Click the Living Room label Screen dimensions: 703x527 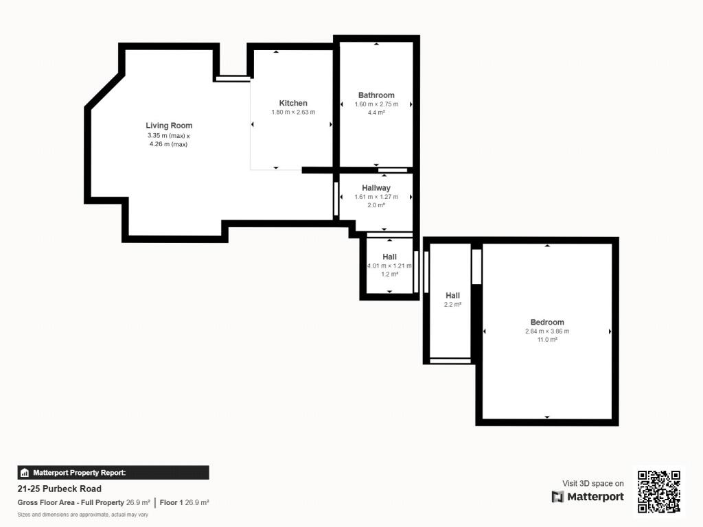169,126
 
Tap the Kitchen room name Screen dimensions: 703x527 293,103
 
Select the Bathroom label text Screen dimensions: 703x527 376,95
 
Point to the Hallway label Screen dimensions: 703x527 376,188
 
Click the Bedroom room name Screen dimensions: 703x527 547,323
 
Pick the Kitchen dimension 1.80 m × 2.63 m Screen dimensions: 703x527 293,112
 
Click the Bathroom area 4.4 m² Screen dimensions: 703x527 376,113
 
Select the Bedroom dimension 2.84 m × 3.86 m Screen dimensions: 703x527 547,331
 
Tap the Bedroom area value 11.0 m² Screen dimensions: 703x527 547,340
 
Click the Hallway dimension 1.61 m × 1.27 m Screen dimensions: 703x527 376,197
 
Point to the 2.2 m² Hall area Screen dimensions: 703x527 453,304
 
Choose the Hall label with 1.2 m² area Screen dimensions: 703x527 390,257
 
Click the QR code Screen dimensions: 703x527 659,491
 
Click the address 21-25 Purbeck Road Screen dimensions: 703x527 60,489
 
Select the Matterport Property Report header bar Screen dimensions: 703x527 113,473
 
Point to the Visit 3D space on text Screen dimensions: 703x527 593,484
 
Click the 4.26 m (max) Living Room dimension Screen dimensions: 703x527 169,144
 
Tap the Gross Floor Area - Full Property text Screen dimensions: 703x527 71,503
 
